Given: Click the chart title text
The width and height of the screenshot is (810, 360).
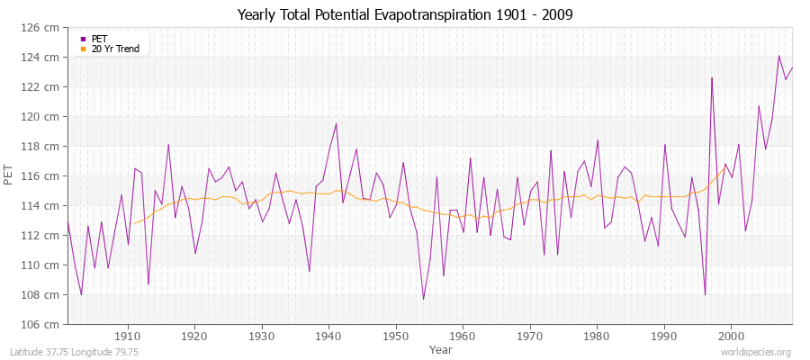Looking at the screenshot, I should tap(405, 14).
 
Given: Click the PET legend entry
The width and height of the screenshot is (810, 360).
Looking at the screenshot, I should tap(99, 39).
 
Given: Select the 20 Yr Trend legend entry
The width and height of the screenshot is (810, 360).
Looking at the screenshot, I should tap(115, 49).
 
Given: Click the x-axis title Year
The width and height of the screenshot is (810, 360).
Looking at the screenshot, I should tap(441, 348).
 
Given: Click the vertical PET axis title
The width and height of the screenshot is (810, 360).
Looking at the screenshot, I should tap(10, 175).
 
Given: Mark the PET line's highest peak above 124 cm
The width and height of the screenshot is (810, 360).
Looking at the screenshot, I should tap(778, 56).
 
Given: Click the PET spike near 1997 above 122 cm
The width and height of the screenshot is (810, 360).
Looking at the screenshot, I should tap(712, 77).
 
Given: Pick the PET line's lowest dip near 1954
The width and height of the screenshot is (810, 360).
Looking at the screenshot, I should tap(423, 299).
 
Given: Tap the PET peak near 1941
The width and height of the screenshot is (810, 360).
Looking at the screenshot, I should tap(336, 124).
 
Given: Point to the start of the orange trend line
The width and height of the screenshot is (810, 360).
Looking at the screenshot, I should tap(134, 223).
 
